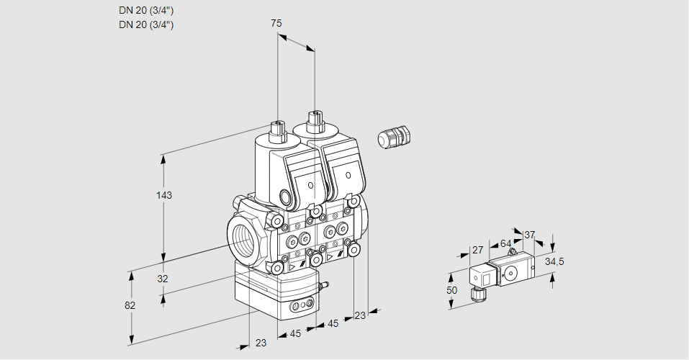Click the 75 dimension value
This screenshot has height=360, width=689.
[x=276, y=24]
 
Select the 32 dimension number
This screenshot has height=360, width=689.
[x=163, y=279]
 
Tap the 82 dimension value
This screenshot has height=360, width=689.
[x=130, y=305]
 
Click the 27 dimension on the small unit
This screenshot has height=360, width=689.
[x=477, y=250]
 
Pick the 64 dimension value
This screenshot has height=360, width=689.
[x=505, y=244]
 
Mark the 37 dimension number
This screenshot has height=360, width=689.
[x=530, y=235]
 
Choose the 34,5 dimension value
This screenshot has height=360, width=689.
[x=554, y=261]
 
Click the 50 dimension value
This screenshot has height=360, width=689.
[x=451, y=290]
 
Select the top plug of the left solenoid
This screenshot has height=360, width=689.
[x=276, y=131]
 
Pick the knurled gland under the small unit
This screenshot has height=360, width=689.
[x=475, y=294]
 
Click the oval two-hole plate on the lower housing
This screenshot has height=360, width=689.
[x=302, y=307]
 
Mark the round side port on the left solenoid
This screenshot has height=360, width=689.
[x=288, y=197]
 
